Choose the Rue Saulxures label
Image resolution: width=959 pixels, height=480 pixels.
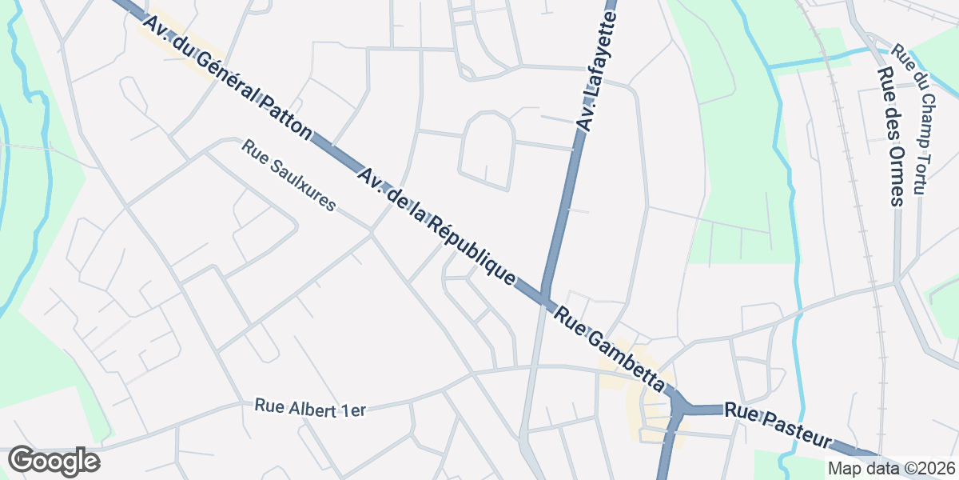point(288,176)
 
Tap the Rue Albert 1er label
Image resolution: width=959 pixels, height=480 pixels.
point(310,407)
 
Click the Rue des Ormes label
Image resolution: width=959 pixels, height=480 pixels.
point(889,136)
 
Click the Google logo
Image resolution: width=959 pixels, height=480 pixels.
point(54,462)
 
